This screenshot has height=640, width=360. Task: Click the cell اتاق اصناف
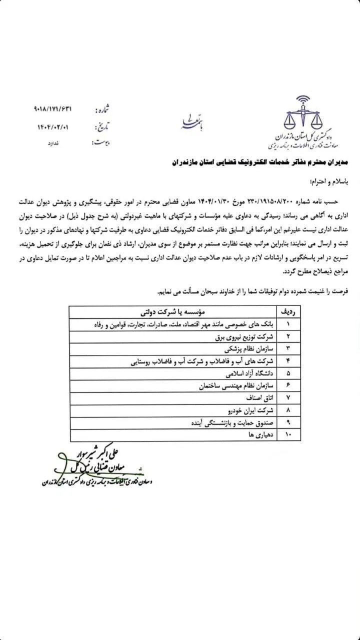pyautogui.click(x=259, y=398)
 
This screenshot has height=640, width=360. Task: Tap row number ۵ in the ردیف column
pyautogui.click(x=288, y=373)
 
